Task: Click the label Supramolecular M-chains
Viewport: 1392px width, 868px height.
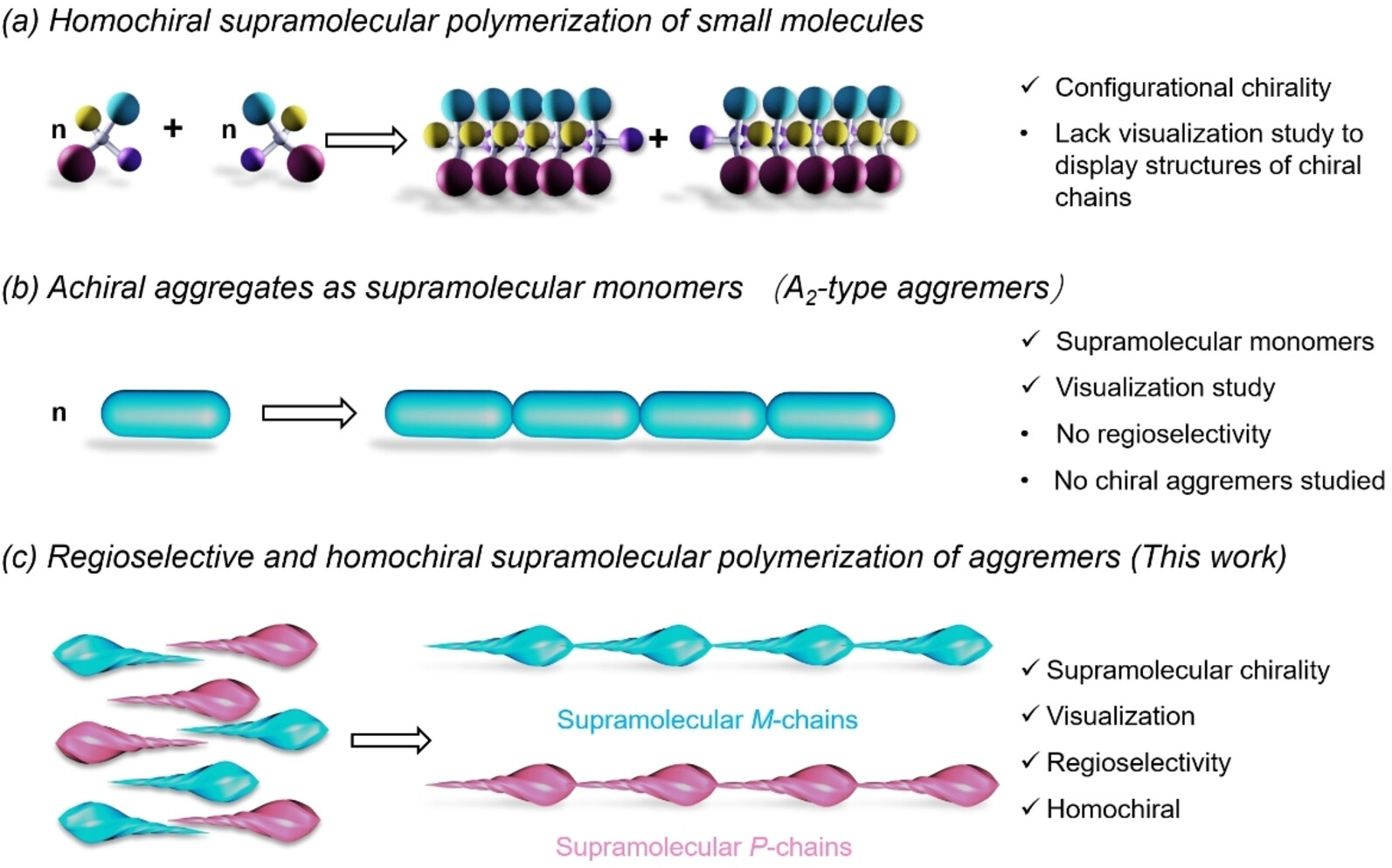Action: [707, 719]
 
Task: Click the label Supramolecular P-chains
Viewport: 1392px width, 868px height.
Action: [703, 846]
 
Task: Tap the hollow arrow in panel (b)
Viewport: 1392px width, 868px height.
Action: [309, 413]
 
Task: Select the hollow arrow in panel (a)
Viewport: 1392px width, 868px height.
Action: [366, 140]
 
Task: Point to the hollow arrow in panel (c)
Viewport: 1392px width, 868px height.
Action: [391, 740]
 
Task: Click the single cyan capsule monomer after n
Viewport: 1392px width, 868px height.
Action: [165, 414]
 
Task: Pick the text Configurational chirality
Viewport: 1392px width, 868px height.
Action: [1192, 87]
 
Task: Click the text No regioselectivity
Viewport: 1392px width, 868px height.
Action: [1162, 434]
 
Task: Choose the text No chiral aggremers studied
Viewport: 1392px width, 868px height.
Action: [1219, 480]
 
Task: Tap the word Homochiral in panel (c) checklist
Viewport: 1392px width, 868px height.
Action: [1112, 809]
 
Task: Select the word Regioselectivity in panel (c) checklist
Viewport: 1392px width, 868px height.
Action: [1138, 762]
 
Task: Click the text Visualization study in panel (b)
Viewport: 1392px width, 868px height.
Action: [1165, 387]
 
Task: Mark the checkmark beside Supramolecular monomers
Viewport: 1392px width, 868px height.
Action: [1030, 339]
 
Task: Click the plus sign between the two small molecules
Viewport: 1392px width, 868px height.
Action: [173, 128]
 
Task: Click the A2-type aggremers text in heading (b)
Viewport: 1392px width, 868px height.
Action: [918, 288]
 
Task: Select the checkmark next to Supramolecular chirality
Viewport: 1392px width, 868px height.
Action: [1029, 668]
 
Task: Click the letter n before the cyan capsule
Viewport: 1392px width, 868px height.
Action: [59, 413]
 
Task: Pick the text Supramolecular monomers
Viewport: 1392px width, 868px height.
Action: [1214, 341]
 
